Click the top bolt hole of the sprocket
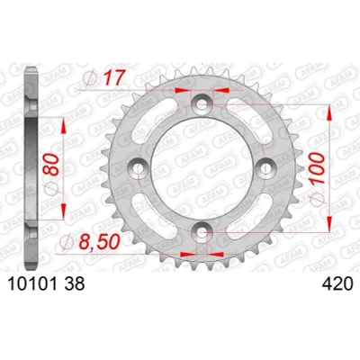[202, 105]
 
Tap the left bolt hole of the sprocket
[139, 168]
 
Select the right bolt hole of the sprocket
[265, 168]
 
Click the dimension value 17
[112, 77]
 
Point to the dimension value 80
[50, 164]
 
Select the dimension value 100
[317, 168]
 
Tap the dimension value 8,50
[100, 242]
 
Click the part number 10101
[32, 283]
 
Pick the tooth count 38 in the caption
[75, 283]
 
